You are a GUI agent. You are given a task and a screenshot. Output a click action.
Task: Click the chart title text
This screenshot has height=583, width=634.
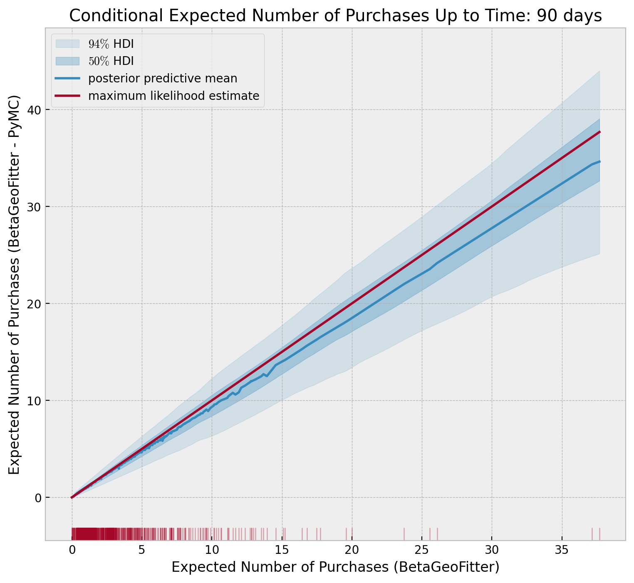(x=335, y=16)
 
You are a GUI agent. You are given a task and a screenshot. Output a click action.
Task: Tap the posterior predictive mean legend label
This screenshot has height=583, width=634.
(x=163, y=78)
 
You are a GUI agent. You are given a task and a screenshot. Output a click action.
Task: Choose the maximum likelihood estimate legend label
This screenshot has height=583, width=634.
(x=173, y=96)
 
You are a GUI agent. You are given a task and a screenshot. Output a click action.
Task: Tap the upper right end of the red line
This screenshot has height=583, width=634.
(x=599, y=132)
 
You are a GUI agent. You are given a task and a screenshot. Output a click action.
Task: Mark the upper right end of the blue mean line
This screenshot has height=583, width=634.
(x=599, y=161)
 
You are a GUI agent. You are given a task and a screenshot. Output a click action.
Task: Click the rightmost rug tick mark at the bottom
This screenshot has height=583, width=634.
(x=599, y=534)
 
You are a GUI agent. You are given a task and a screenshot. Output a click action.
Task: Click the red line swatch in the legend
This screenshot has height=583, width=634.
(x=67, y=96)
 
